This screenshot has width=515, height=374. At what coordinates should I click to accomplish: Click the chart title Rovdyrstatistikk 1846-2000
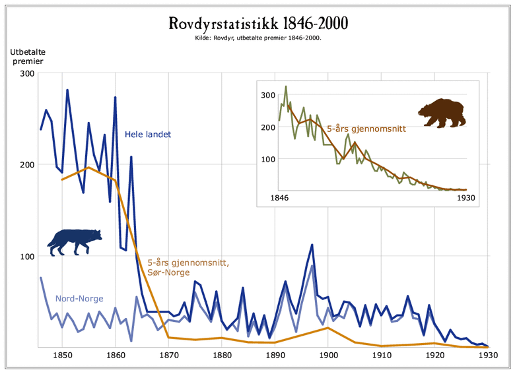coord(257,24)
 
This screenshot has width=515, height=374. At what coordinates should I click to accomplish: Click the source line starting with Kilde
coord(257,38)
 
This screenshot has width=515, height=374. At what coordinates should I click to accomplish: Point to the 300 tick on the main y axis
coord(26,73)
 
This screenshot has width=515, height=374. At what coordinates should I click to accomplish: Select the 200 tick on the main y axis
coord(26,165)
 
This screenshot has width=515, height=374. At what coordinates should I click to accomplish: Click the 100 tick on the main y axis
coord(26,256)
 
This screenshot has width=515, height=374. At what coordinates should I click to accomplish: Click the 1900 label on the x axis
coord(328,355)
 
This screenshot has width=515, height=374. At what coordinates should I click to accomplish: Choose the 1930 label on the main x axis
coord(487,355)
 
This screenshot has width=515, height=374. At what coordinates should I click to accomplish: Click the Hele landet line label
coord(148,135)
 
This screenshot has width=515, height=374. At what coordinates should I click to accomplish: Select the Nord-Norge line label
coord(79,298)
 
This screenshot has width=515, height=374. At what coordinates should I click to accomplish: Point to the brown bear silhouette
coord(441,113)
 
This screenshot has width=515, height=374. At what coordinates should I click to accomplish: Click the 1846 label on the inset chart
coord(280,198)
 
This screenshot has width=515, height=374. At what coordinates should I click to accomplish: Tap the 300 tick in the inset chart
coord(267,95)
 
